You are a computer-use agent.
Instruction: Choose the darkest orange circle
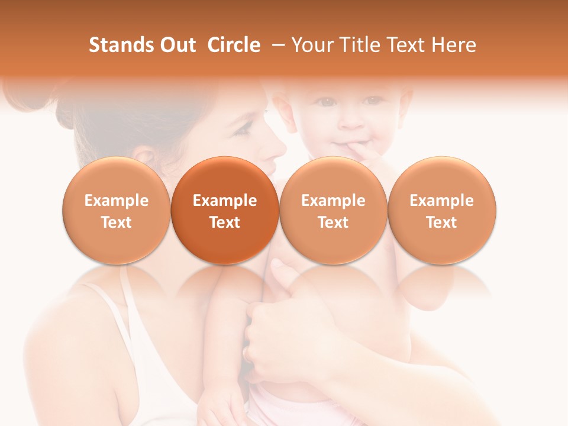point(225,211)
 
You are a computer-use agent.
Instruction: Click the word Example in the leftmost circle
point(117,201)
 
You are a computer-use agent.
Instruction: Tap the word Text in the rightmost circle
point(442,222)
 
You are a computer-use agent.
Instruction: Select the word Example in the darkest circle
point(225,201)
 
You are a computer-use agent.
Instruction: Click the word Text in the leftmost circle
point(117,222)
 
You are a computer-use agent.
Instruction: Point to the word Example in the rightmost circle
point(442,201)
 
